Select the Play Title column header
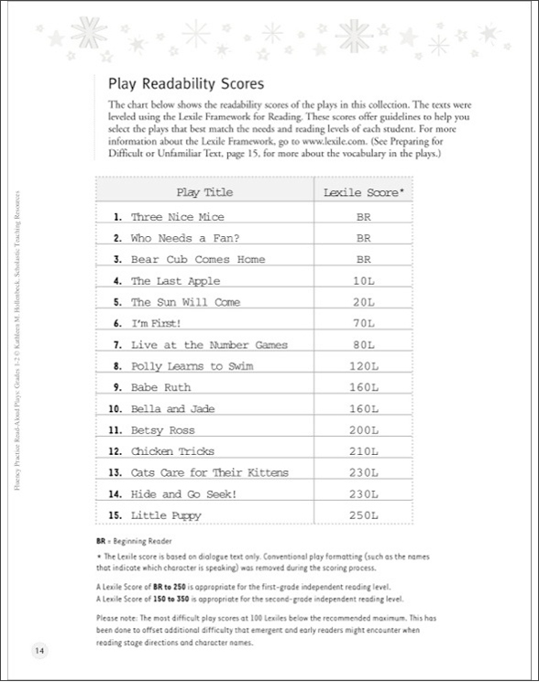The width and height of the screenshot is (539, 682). (x=204, y=193)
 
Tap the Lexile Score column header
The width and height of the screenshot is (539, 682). (x=364, y=193)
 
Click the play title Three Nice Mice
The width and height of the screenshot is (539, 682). (x=177, y=218)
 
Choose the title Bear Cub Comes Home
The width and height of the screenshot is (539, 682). (x=197, y=260)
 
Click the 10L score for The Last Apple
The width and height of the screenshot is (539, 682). (x=363, y=282)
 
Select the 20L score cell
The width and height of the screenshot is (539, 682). (x=363, y=303)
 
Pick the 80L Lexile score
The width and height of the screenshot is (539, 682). (x=363, y=345)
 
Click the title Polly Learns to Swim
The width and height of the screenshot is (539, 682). (x=191, y=366)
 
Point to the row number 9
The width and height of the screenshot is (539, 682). (x=116, y=388)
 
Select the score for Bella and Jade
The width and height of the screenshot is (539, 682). (x=363, y=409)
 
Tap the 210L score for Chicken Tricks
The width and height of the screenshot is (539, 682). (x=363, y=451)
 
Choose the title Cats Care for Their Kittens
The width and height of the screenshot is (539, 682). (x=209, y=473)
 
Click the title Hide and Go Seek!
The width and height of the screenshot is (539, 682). (x=184, y=494)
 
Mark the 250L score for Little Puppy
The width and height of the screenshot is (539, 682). (x=363, y=515)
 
